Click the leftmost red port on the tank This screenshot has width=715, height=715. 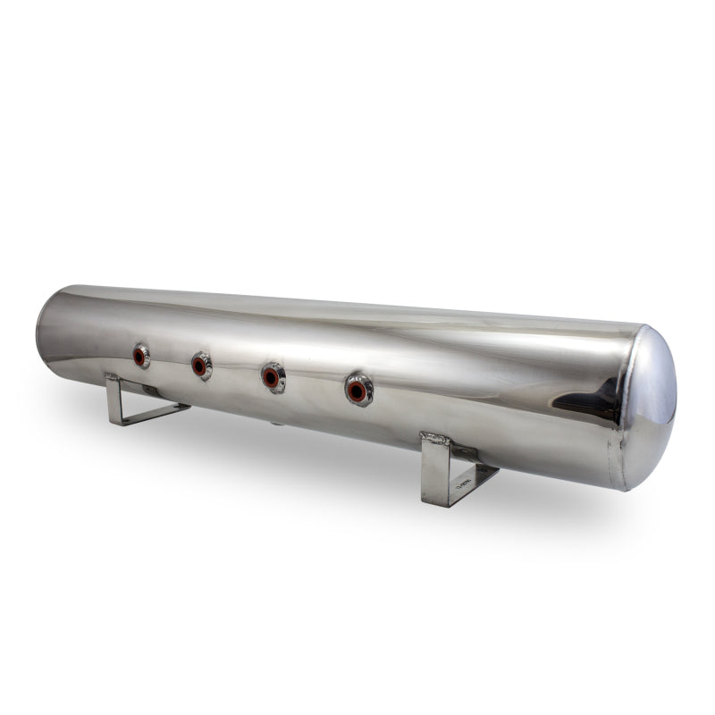pos(140,356)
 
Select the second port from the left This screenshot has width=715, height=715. pos(200,366)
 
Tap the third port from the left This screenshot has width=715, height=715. pos(273,377)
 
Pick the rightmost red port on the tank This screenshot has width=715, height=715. pos(358,390)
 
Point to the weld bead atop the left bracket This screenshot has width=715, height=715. pos(114,377)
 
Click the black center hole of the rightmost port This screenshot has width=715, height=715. pos(357,391)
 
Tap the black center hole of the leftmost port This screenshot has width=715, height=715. pos(139,357)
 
